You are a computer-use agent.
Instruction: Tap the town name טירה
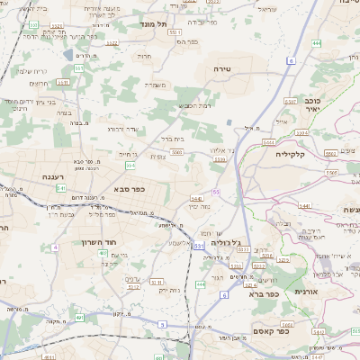[x=223, y=68]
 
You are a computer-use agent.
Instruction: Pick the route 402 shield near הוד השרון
[x=104, y=254]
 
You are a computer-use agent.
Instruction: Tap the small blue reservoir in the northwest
[x=67, y=55]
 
